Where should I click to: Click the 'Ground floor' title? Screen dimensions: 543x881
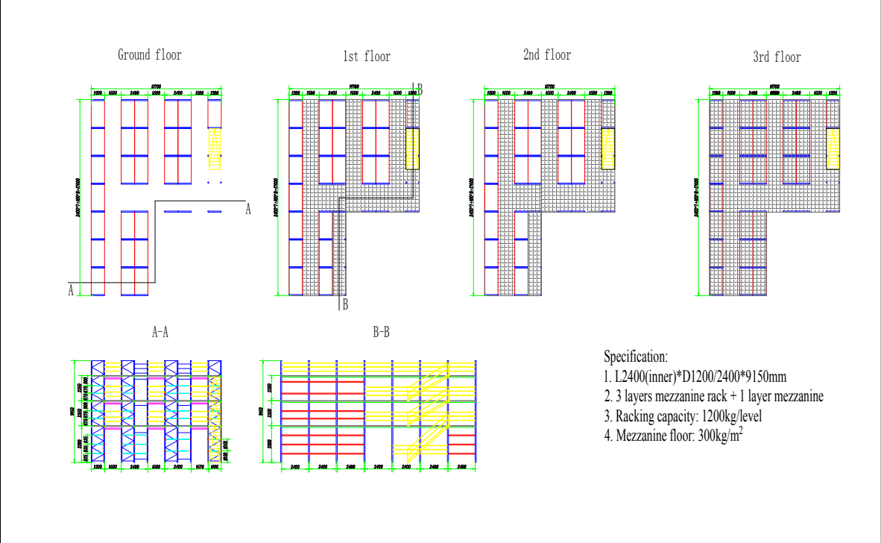(x=149, y=55)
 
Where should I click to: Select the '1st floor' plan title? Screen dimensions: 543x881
(x=366, y=57)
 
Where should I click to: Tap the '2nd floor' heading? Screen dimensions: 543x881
(x=547, y=55)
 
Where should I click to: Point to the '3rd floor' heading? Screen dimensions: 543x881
(x=777, y=57)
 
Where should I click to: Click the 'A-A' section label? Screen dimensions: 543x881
(x=160, y=333)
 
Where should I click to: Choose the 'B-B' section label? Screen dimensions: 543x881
(x=381, y=333)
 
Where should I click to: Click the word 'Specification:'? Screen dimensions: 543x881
(x=636, y=357)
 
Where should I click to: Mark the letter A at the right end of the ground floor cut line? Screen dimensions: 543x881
(x=248, y=210)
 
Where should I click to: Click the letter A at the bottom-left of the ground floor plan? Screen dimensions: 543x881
(x=72, y=290)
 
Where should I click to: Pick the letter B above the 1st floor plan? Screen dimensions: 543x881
(x=419, y=88)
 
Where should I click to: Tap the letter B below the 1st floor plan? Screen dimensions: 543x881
(x=345, y=304)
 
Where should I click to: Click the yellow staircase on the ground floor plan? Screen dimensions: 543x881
(x=215, y=148)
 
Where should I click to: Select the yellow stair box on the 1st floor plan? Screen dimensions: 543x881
(x=413, y=148)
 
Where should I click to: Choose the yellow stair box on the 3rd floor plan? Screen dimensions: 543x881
(x=833, y=148)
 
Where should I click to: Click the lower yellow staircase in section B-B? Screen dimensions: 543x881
(x=427, y=440)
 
